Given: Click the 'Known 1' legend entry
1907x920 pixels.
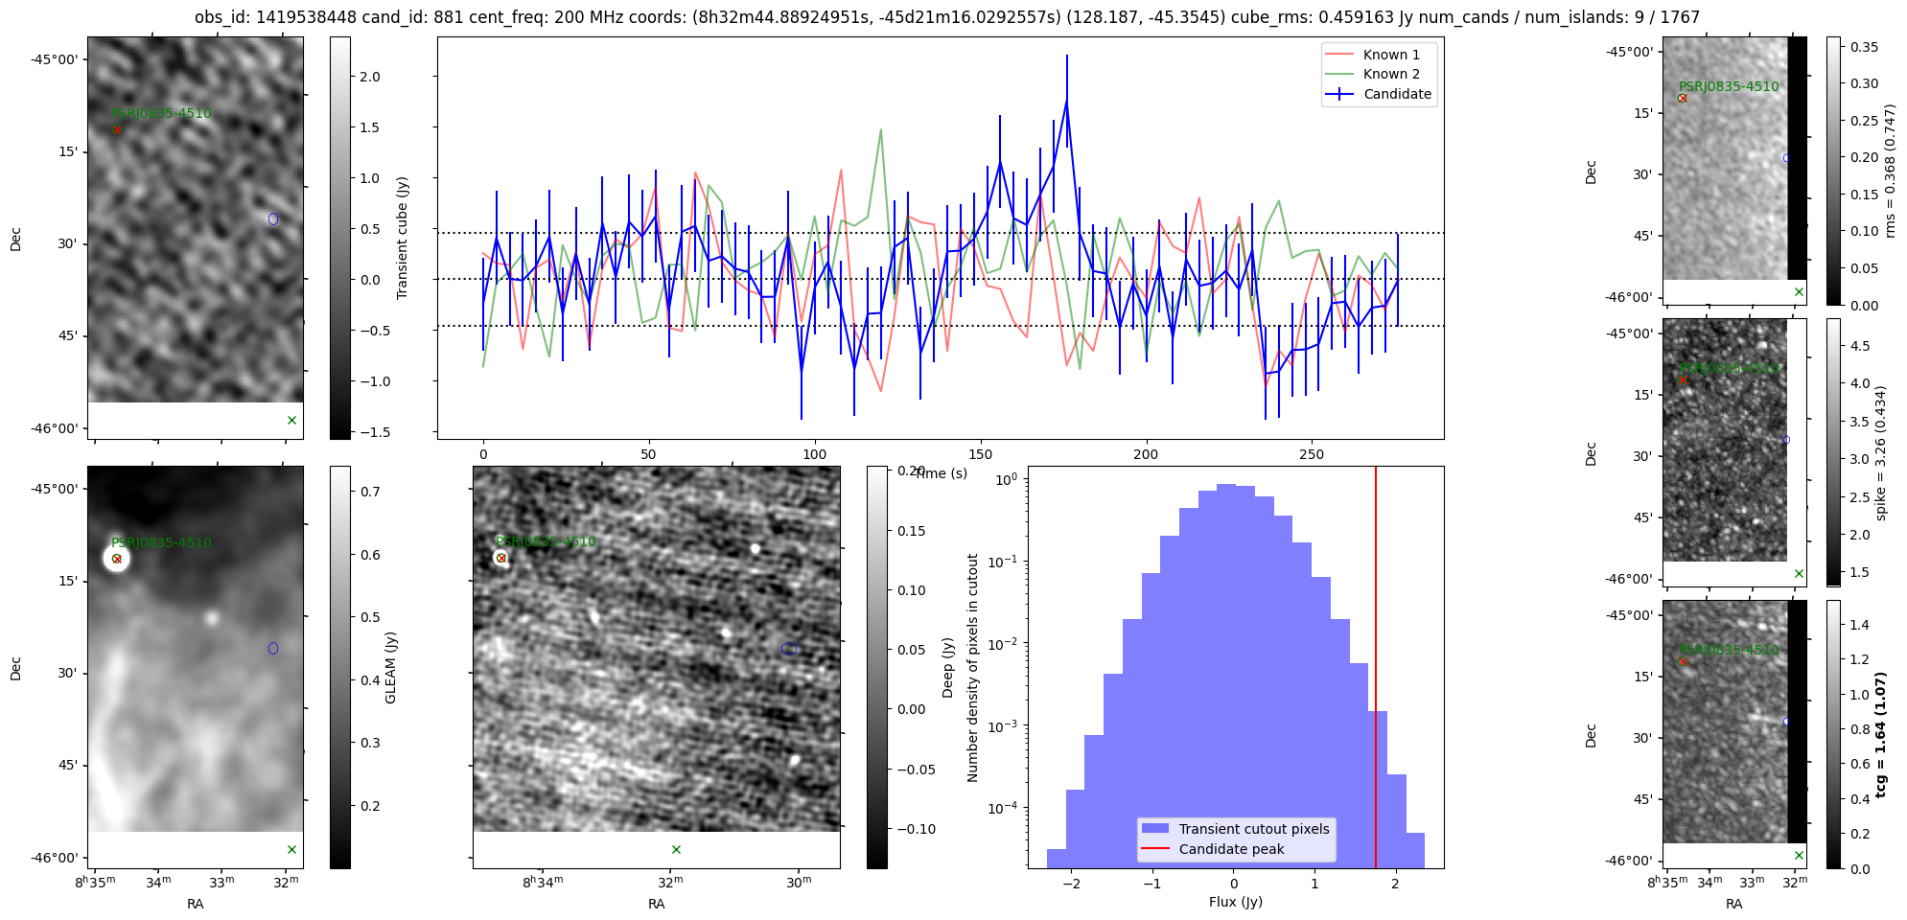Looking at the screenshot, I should (1390, 55).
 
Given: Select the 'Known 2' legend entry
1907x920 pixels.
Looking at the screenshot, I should (1390, 74).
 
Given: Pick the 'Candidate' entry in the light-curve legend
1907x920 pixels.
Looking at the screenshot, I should (1397, 94).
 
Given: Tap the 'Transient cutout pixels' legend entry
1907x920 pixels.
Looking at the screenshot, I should (1253, 829).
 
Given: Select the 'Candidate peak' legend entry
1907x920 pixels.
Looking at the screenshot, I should (1231, 849).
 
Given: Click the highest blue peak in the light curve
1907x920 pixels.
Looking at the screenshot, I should (1066, 102).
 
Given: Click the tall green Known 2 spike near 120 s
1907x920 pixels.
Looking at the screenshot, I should (880, 130).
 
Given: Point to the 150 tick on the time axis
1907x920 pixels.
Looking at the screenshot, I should (981, 454).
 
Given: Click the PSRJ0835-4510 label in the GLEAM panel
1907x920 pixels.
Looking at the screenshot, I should (161, 542).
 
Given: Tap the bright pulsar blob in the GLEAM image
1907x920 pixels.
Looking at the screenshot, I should (116, 559).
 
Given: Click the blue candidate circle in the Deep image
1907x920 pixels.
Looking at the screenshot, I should (789, 649).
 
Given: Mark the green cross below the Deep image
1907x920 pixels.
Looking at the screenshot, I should (676, 849).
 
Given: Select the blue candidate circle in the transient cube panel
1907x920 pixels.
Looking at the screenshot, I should (273, 219).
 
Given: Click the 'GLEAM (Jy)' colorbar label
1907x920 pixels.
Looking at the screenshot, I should (390, 668).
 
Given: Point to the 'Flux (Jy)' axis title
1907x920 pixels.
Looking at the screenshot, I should (1235, 902).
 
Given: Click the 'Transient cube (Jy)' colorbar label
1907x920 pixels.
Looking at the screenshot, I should (403, 238).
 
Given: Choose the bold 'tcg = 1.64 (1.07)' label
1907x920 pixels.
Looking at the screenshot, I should (1880, 734).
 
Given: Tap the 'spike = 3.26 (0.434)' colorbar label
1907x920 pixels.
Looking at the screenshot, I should (1880, 453).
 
